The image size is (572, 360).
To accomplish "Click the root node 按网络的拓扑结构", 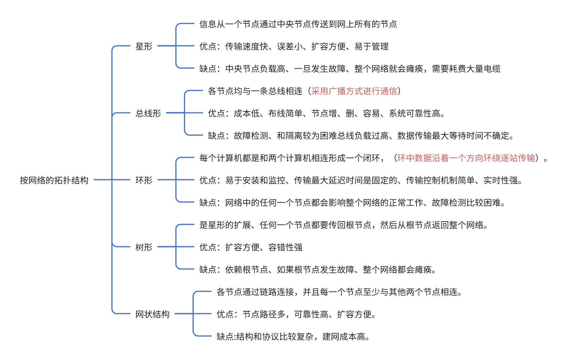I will (54, 180).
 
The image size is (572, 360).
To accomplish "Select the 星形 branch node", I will (144, 46).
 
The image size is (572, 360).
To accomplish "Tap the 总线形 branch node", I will (148, 113).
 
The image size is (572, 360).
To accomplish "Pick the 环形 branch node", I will (144, 180).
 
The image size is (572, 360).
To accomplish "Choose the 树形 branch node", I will (144, 247).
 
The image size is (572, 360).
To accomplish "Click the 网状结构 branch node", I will (153, 314).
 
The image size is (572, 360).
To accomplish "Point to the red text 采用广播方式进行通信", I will (354, 91).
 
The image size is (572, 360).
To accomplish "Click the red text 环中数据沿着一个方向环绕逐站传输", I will (466, 158).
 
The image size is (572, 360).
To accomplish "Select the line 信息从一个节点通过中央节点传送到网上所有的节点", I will (298, 24).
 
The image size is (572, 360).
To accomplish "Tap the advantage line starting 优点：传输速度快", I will (294, 46).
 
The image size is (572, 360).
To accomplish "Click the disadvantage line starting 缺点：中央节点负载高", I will (350, 69).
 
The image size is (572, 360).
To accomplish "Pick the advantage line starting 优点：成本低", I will (326, 114).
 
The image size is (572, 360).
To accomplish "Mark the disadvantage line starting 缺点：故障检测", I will (361, 136).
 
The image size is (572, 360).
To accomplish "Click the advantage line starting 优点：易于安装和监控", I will (361, 180).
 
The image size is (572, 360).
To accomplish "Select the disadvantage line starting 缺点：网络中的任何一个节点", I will (352, 203).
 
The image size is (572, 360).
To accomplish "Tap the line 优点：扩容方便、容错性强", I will (251, 247).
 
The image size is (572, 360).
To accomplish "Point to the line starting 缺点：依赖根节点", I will (318, 270).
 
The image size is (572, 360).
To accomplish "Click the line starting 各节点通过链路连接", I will (339, 292).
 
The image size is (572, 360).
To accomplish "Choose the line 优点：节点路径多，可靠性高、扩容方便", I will (296, 314).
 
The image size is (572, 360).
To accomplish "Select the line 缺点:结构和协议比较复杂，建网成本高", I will (293, 337).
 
